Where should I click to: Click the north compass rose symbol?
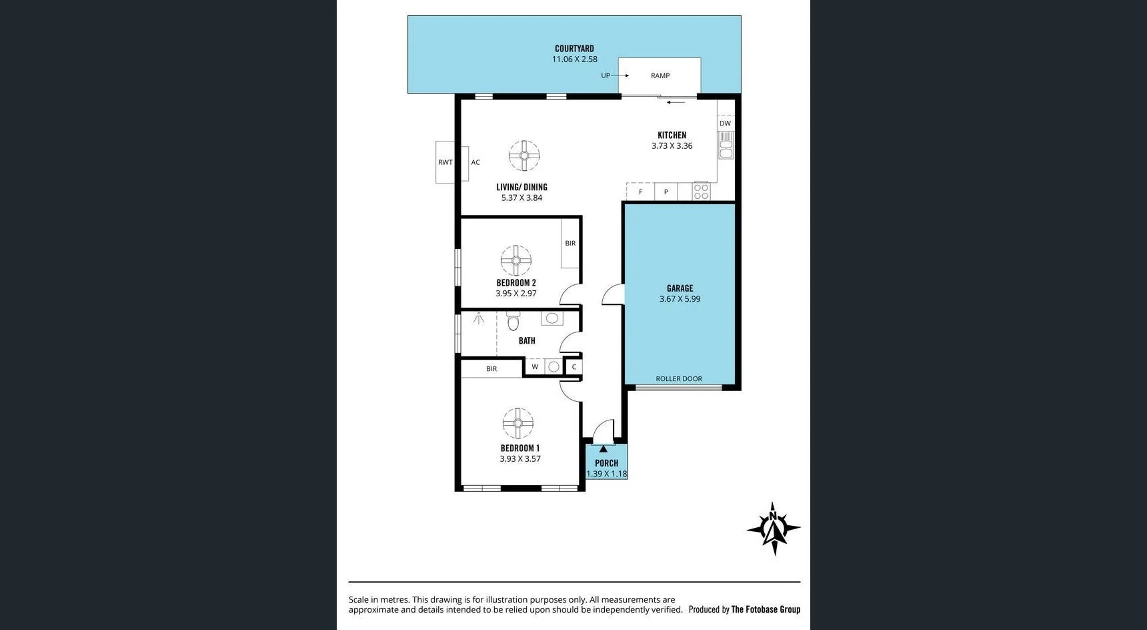click(x=774, y=529)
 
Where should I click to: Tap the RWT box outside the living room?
click(x=445, y=162)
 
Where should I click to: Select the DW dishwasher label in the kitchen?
click(x=725, y=123)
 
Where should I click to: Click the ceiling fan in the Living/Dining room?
click(x=524, y=156)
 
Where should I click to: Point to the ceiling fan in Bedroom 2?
click(x=516, y=261)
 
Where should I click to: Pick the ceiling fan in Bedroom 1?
click(x=518, y=423)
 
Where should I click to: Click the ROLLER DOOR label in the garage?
click(x=679, y=378)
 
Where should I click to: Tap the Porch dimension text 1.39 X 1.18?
click(x=607, y=474)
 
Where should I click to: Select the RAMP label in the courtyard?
click(x=660, y=75)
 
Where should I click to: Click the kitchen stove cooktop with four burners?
click(x=701, y=192)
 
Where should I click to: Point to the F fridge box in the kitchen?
click(x=641, y=192)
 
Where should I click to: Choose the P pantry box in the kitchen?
click(x=666, y=192)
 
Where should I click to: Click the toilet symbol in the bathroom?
click(x=513, y=322)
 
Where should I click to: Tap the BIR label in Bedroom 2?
click(x=570, y=243)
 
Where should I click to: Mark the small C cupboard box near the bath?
click(x=573, y=366)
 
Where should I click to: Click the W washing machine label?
click(x=535, y=366)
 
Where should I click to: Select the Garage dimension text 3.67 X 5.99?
click(x=680, y=299)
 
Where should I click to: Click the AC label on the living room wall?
click(x=475, y=162)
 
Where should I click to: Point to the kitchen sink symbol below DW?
click(x=726, y=145)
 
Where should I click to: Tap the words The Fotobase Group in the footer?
click(x=766, y=609)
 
